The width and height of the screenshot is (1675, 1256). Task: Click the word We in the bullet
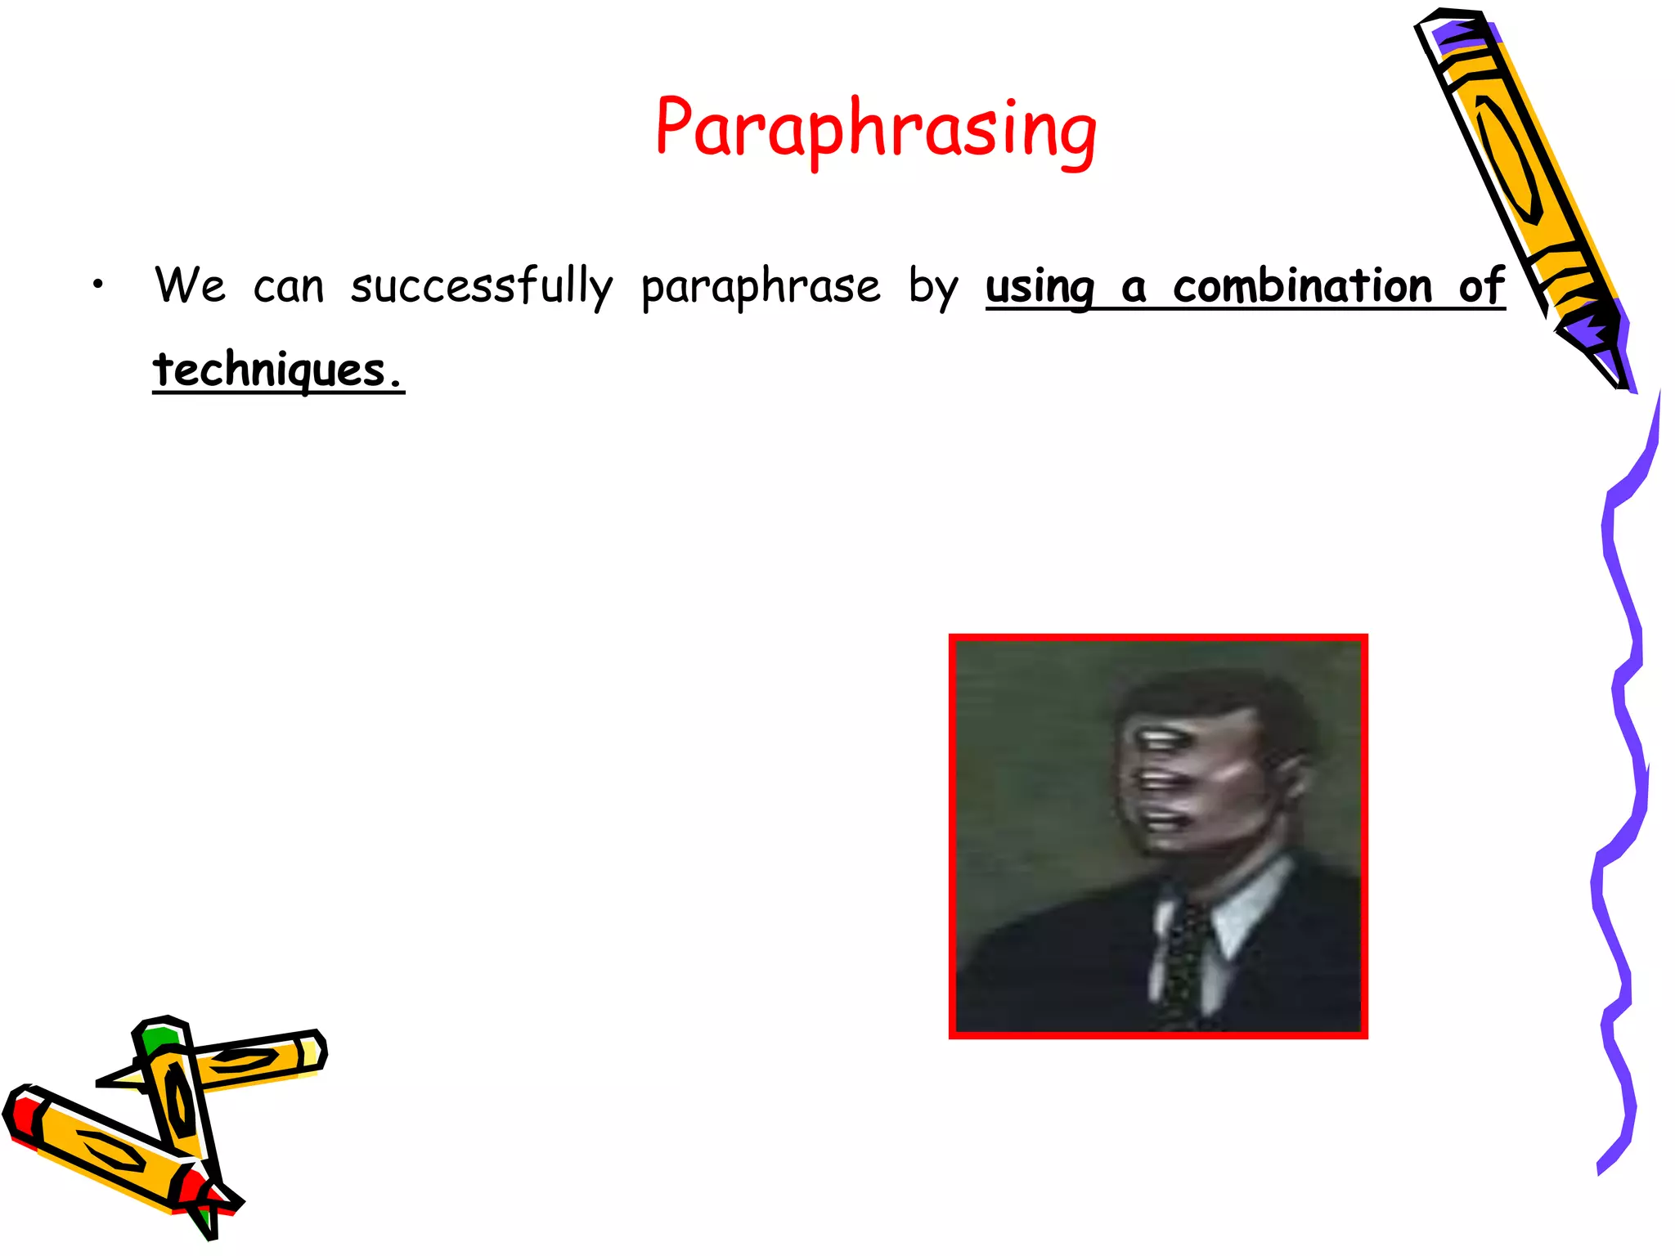tap(190, 286)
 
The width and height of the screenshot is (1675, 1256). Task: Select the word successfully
tap(481, 286)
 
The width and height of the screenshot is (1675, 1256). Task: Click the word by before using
tap(932, 288)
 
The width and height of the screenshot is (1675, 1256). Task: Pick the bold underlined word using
tap(1040, 288)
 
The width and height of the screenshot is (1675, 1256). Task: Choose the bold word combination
tap(1302, 286)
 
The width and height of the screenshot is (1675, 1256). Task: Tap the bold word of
tap(1481, 286)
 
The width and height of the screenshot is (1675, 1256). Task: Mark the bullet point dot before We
tap(98, 285)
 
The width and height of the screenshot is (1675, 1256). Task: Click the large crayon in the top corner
tap(1513, 164)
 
